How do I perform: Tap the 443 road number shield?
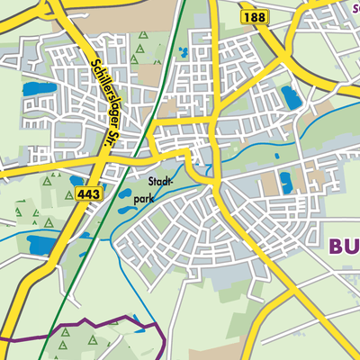click(89, 193)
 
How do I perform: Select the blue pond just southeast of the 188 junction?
click(290, 95)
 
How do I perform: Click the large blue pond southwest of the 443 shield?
click(41, 243)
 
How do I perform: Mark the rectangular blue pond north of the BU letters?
click(286, 183)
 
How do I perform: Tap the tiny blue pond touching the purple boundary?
click(137, 319)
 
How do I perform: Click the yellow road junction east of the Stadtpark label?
click(214, 184)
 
